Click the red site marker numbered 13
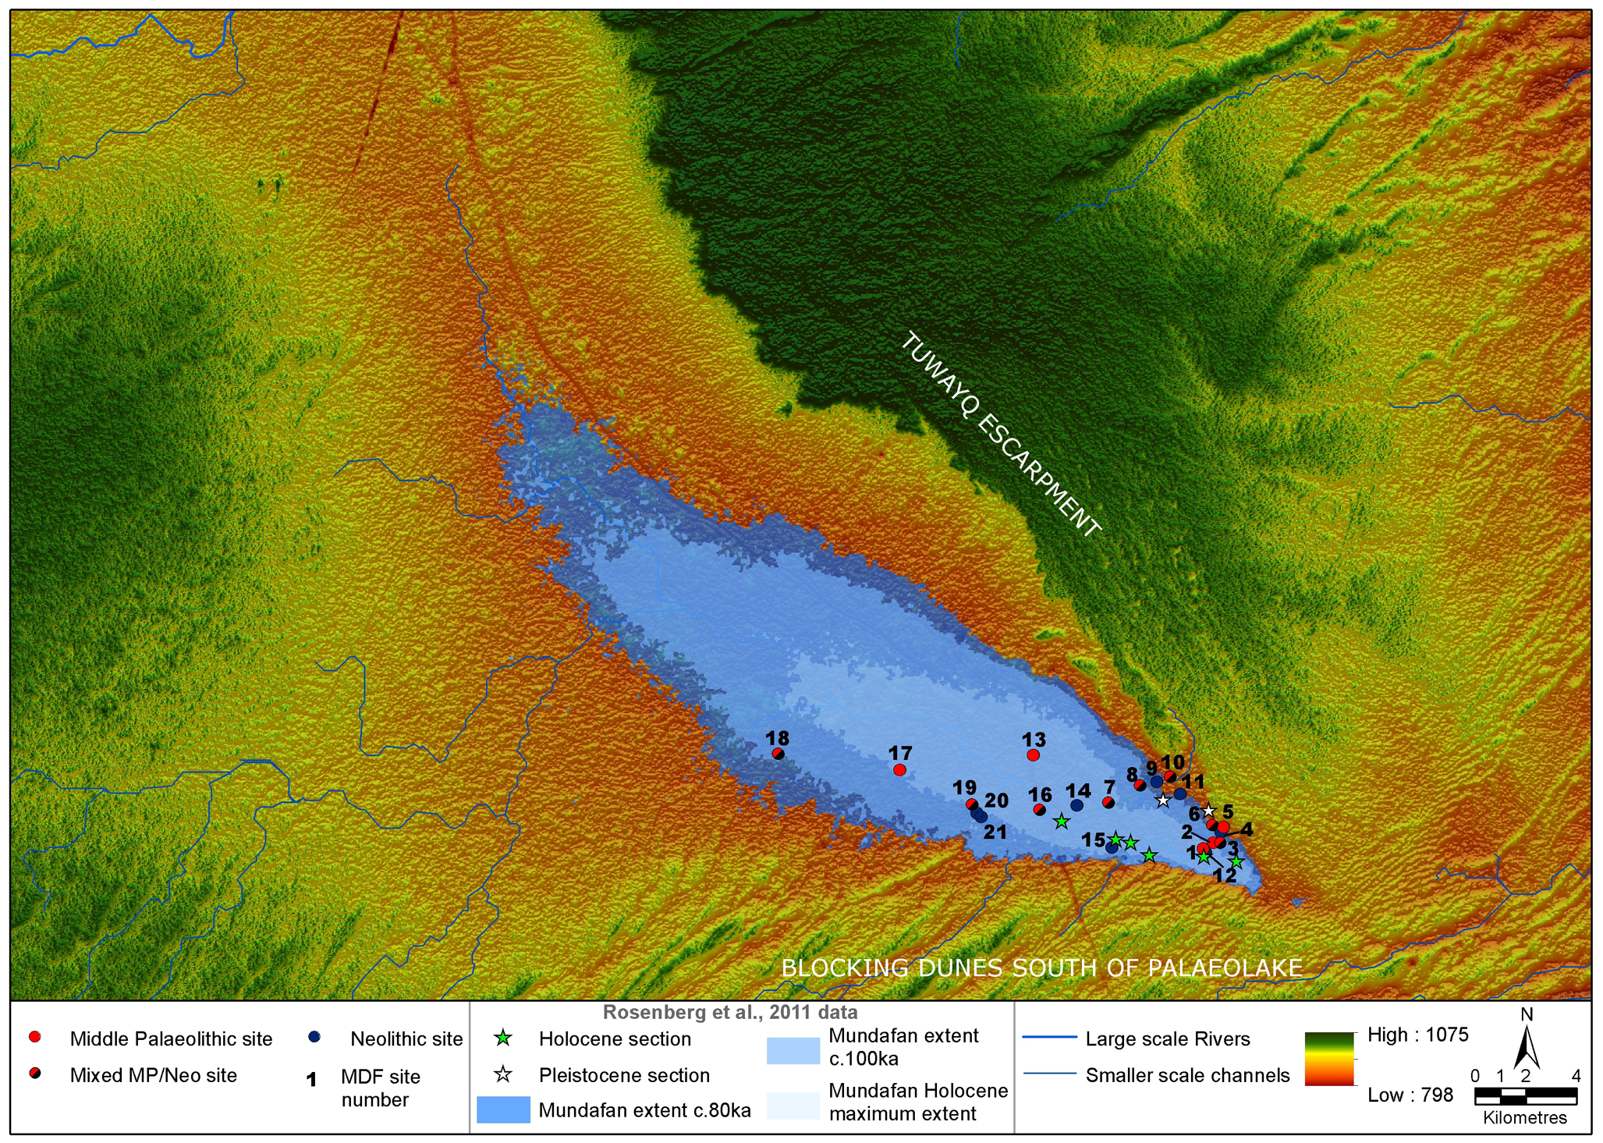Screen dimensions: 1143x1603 [1033, 754]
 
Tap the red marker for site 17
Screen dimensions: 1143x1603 [899, 769]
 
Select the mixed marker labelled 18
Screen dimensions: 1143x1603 [778, 753]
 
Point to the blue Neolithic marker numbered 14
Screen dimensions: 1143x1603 [1077, 804]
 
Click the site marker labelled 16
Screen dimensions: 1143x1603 [1039, 810]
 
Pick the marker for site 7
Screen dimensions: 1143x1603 [1108, 802]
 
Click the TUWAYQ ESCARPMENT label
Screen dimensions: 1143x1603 [1002, 435]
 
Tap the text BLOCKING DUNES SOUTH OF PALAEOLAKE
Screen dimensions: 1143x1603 [1041, 967]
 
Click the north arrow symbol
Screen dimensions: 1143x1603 [1526, 1049]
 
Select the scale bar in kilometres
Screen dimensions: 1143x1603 [1525, 1096]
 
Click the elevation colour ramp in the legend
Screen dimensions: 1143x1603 [1329, 1058]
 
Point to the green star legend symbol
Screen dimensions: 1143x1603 [504, 1038]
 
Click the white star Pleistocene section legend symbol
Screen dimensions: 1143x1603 [504, 1074]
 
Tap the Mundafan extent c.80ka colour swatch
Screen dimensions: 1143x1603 [503, 1109]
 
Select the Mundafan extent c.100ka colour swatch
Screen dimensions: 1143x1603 [793, 1050]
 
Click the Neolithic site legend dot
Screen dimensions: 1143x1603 [314, 1037]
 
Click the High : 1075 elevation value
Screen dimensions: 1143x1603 [1417, 1035]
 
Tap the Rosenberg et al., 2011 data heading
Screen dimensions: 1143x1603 [729, 1013]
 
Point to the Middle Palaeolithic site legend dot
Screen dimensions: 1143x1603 [34, 1037]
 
